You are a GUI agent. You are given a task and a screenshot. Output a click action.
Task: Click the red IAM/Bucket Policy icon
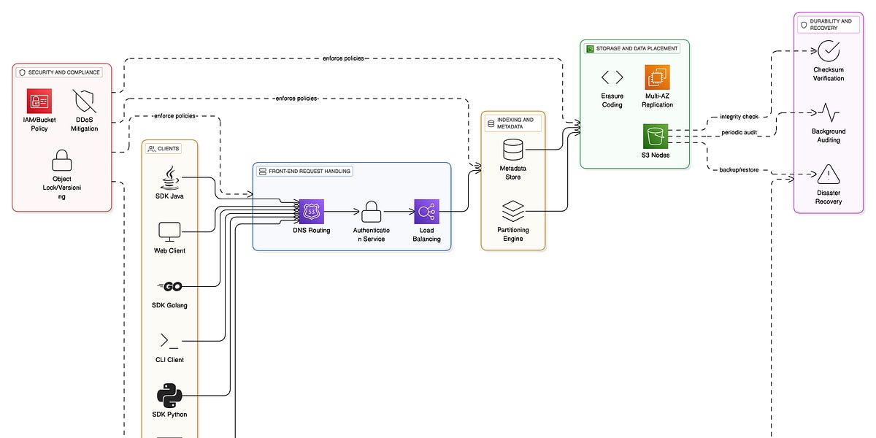click(39, 101)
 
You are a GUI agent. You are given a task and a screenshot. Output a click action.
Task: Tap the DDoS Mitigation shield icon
click(85, 101)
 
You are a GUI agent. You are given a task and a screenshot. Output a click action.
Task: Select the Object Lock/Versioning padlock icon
click(62, 160)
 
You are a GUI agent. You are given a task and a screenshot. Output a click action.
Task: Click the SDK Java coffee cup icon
click(169, 178)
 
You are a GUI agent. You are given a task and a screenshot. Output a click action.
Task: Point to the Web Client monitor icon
click(169, 232)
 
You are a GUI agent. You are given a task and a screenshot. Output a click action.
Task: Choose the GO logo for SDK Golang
click(169, 286)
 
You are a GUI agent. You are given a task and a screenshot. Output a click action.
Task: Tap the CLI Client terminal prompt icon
click(169, 341)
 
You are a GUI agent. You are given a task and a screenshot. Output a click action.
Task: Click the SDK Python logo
click(169, 396)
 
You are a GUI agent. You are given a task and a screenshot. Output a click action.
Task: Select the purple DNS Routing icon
click(312, 212)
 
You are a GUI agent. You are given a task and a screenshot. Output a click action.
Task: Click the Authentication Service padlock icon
click(369, 212)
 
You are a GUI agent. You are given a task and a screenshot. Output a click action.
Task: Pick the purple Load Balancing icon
click(426, 212)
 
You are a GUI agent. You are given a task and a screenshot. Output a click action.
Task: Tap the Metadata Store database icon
click(513, 150)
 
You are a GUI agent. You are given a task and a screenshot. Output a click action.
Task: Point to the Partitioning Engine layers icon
click(513, 212)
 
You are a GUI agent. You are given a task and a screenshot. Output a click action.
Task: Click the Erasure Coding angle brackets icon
click(612, 77)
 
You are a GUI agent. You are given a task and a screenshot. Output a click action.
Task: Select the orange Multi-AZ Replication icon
click(657, 77)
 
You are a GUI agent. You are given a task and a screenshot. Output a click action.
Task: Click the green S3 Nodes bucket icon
click(656, 137)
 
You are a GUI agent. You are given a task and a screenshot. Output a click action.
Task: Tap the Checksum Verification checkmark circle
click(829, 51)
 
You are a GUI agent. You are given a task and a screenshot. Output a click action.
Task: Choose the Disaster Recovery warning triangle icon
click(829, 174)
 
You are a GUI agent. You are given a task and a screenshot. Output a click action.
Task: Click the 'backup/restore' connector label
click(739, 169)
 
